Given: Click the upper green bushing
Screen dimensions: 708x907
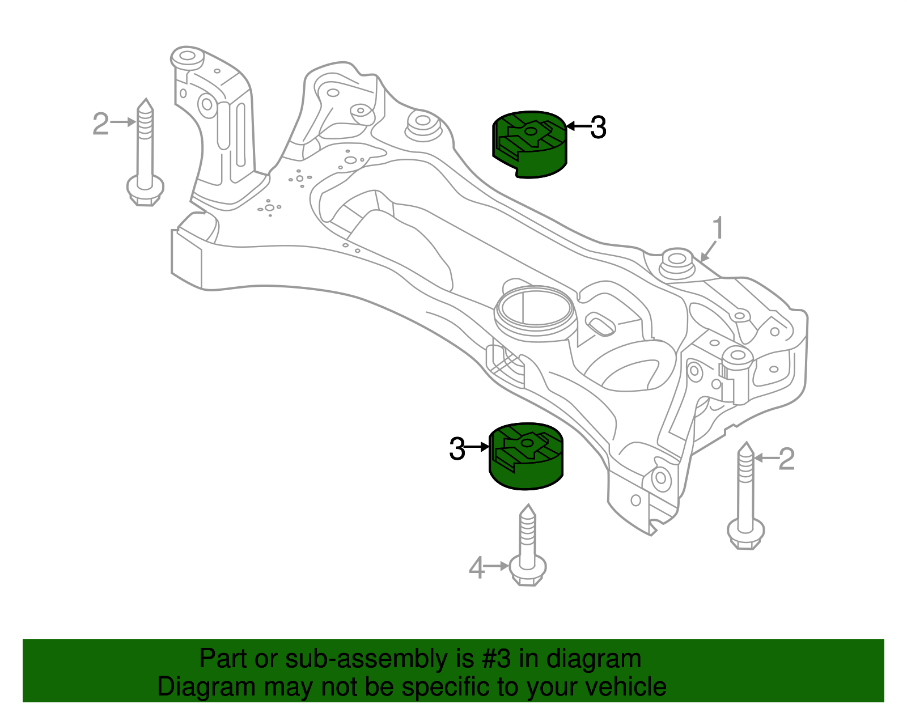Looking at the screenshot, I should tap(528, 145).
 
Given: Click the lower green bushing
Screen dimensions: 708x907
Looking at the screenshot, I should tap(525, 457).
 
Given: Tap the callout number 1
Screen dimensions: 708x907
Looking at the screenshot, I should tap(718, 229).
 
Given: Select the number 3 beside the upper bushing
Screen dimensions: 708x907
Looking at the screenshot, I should tap(597, 128).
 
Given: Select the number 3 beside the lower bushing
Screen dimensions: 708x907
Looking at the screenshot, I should tap(457, 449).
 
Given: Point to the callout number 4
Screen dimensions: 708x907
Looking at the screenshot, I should tap(476, 568).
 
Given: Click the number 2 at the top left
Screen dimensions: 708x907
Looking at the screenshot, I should tap(100, 124).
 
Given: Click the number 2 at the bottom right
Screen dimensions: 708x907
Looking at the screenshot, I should tap(786, 459).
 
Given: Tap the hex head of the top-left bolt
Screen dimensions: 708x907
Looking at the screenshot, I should tap(145, 190).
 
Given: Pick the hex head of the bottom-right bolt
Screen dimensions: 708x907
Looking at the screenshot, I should tap(746, 534).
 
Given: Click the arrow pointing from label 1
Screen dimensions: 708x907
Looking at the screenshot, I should tap(709, 251).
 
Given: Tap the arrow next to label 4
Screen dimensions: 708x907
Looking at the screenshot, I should tap(497, 566).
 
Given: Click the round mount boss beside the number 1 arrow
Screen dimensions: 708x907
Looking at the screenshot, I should tap(676, 262).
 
